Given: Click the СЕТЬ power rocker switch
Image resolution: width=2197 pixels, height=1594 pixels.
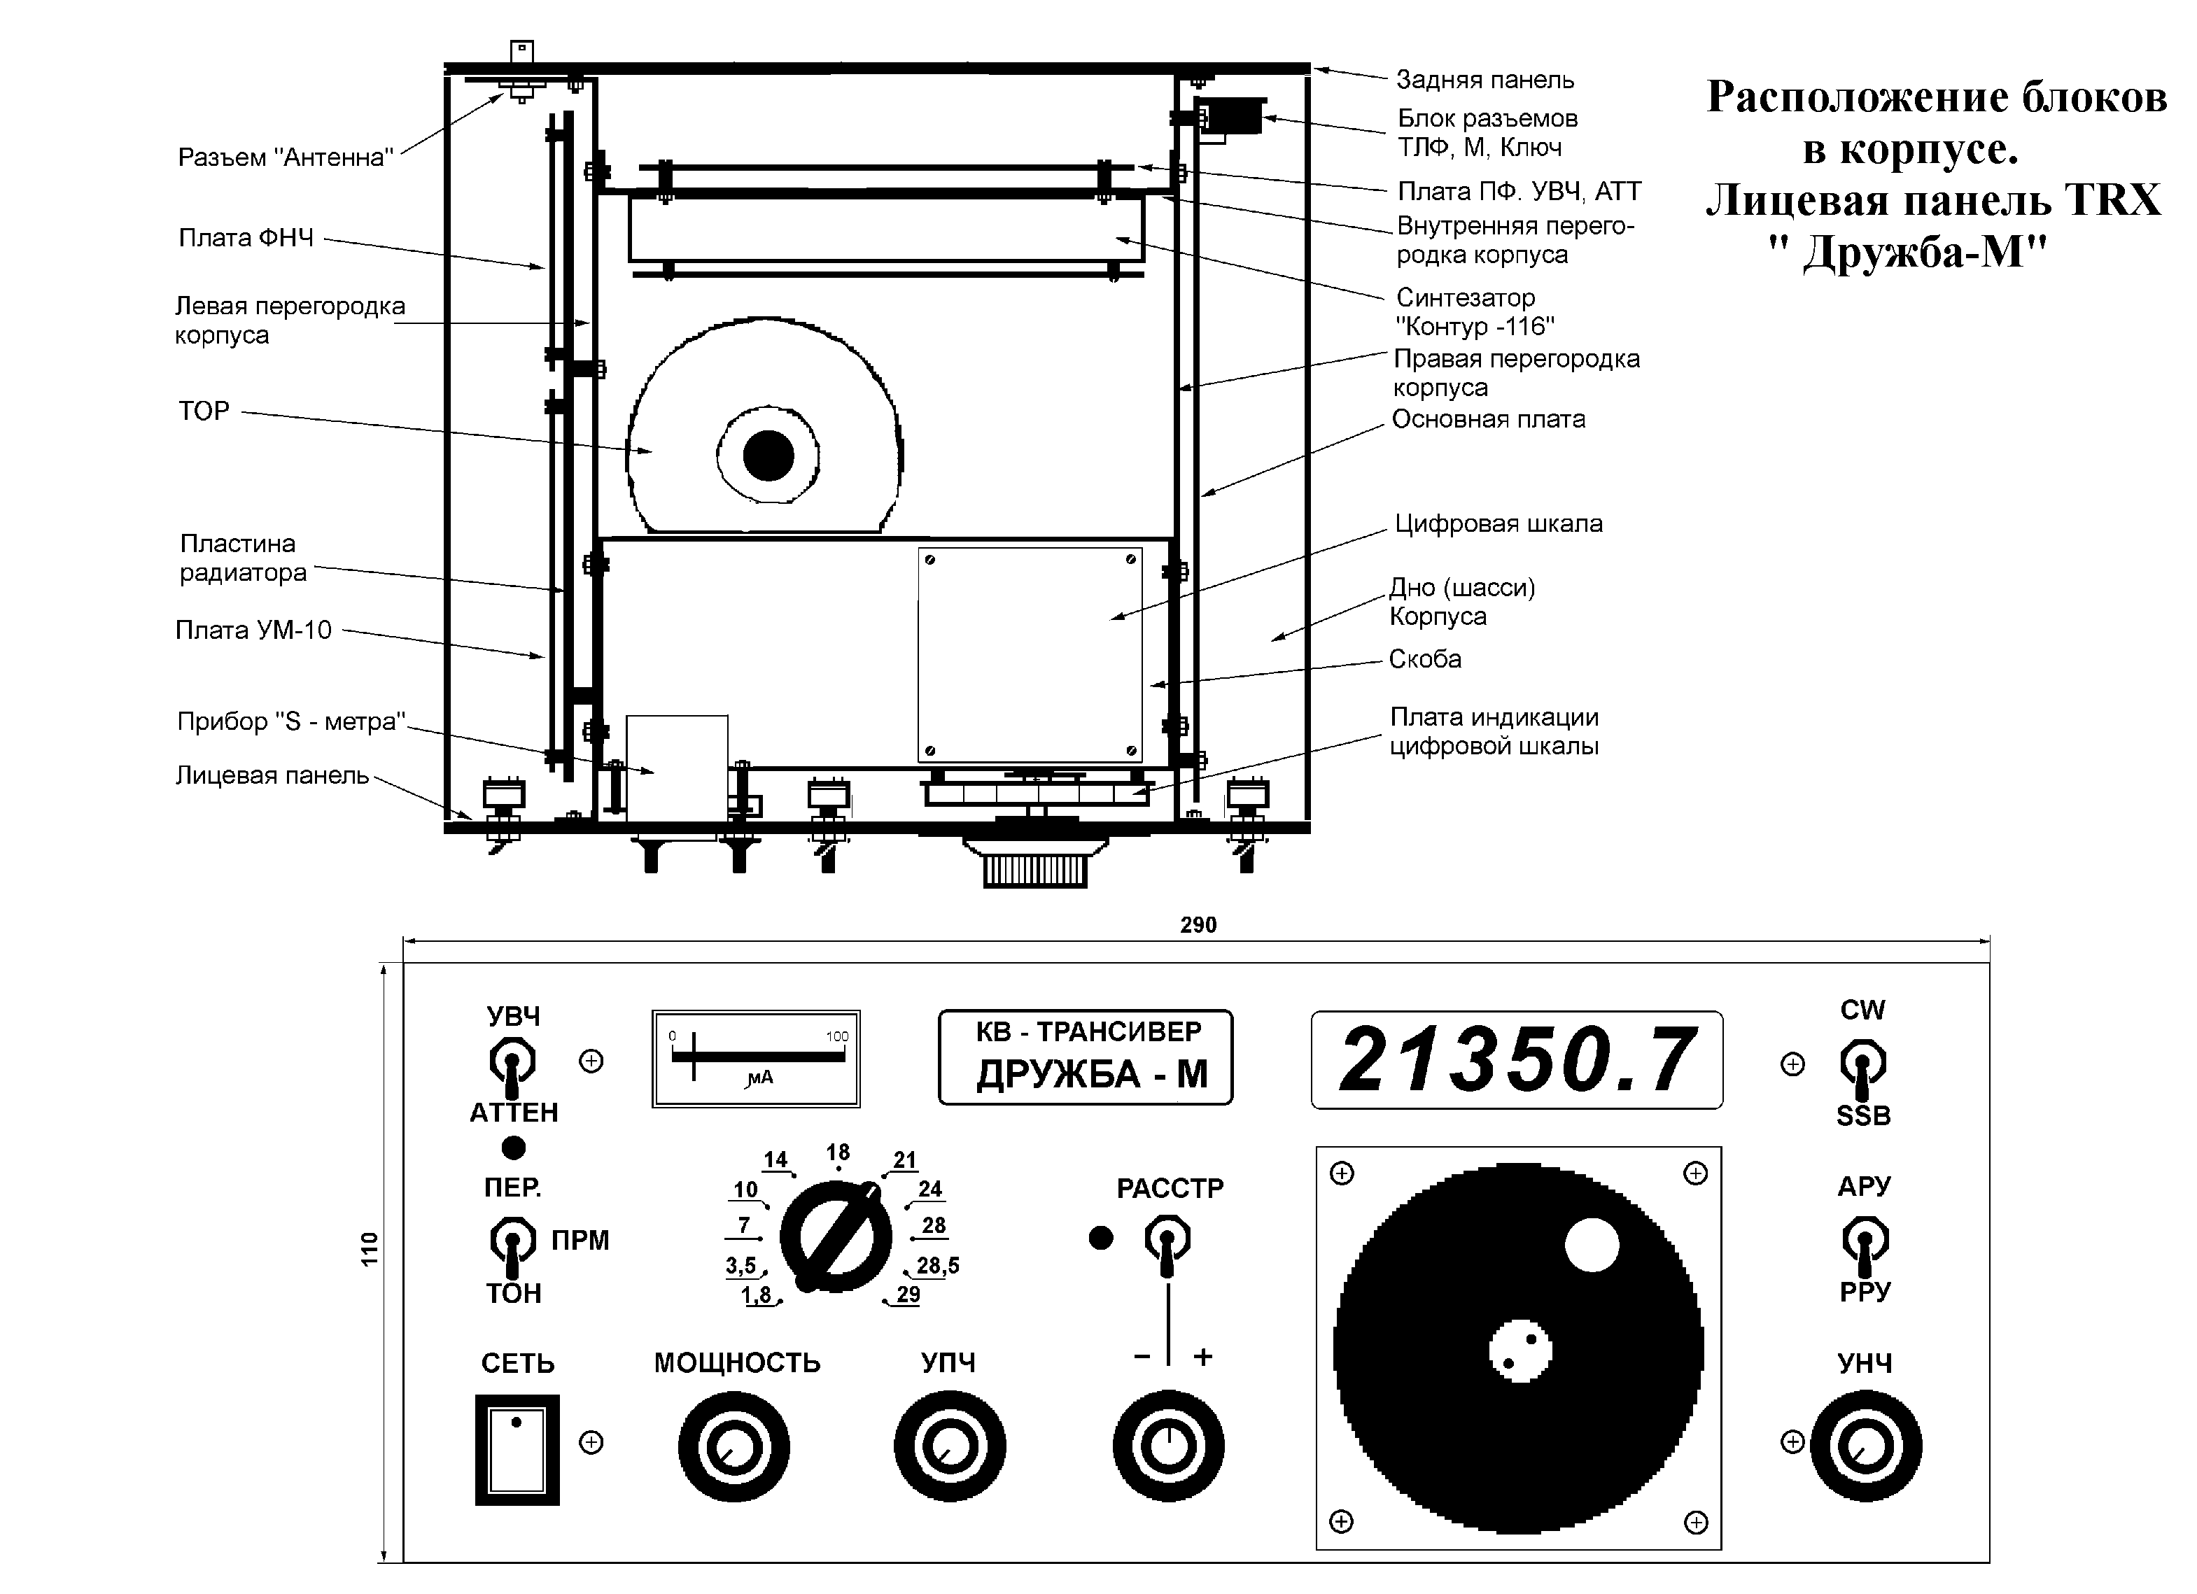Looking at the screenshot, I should click(x=517, y=1450).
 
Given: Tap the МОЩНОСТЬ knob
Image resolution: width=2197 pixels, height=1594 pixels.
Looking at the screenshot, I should click(x=733, y=1448).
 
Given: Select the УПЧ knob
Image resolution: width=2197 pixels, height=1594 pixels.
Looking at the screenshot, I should click(x=949, y=1448).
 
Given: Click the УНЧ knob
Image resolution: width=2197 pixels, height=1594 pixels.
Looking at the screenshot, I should click(x=1866, y=1447).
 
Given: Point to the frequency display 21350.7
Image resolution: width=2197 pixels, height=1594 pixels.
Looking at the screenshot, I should click(x=1517, y=1060).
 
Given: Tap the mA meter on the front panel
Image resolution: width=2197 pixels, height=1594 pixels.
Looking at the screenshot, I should click(x=757, y=1059).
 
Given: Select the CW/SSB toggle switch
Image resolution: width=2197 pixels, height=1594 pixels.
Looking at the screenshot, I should click(x=1863, y=1064).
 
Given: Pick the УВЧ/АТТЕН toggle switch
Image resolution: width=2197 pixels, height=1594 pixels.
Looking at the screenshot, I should click(x=512, y=1062).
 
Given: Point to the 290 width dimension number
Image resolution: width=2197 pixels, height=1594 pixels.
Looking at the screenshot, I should click(x=1198, y=925).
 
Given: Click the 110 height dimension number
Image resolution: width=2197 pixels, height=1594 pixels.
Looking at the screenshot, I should click(x=369, y=1250).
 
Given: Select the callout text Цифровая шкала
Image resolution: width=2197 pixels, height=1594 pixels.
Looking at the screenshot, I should click(x=1498, y=524).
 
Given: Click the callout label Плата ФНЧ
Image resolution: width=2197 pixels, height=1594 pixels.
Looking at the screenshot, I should click(x=246, y=238).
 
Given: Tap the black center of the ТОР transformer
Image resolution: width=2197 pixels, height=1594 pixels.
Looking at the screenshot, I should click(x=768, y=455).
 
